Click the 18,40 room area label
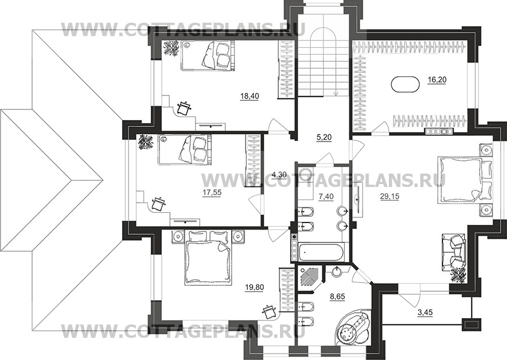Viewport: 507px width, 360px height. [x=250, y=96]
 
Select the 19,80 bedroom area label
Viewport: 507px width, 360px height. [x=254, y=287]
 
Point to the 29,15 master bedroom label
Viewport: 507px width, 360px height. [x=389, y=196]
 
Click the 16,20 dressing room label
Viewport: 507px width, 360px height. [x=437, y=80]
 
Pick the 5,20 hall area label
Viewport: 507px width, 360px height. [x=324, y=137]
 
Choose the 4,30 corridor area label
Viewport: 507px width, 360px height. [x=279, y=175]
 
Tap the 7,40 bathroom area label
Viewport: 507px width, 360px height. [x=325, y=197]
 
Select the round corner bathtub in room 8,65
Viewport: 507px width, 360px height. [x=353, y=329]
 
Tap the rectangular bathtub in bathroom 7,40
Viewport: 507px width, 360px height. [x=320, y=253]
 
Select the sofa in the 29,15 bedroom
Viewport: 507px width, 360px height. [x=453, y=253]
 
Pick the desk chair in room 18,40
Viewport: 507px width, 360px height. [x=185, y=108]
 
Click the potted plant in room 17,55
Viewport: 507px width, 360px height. [x=146, y=142]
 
